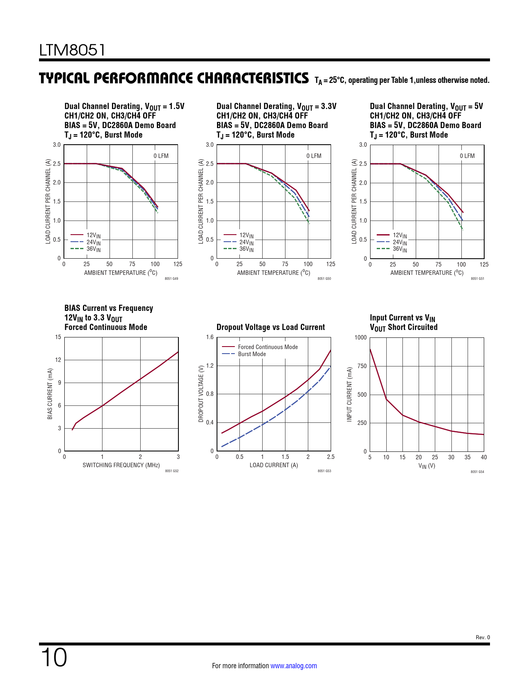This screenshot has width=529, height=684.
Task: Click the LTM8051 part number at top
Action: (72, 50)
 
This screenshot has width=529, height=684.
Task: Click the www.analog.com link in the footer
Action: (293, 666)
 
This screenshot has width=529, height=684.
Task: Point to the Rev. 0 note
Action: (483, 638)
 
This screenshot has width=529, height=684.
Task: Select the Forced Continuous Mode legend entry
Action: (268, 347)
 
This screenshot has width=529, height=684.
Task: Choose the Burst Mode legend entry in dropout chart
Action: (252, 354)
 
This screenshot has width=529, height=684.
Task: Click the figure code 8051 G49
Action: (171, 279)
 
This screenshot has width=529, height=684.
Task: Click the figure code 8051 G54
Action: (477, 472)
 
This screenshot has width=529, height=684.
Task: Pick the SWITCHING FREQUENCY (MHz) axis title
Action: (121, 465)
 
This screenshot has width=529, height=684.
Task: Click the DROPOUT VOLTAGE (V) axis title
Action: (201, 394)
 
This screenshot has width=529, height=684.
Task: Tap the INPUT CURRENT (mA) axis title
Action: (349, 394)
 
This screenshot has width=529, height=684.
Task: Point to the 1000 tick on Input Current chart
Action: (361, 337)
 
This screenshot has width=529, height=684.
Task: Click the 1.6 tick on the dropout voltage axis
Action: (210, 337)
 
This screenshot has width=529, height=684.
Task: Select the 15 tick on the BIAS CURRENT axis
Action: (58, 337)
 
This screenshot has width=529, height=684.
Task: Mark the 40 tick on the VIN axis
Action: (484, 457)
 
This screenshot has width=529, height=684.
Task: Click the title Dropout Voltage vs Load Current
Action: (271, 327)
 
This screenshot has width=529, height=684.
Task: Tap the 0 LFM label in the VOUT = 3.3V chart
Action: (314, 156)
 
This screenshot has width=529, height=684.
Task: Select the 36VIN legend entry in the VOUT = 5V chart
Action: (400, 249)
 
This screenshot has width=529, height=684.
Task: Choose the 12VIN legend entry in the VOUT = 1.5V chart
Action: (93, 235)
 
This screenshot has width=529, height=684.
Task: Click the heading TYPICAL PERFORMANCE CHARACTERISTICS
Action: (174, 78)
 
